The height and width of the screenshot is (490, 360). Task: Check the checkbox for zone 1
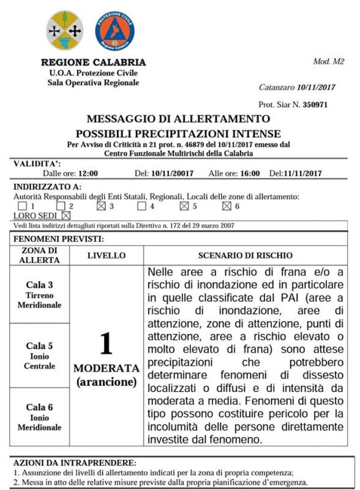[23, 206]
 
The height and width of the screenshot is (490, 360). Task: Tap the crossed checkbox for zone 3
[102, 206]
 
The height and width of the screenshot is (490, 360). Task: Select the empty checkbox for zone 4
[142, 206]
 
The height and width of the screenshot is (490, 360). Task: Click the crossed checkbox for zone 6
[226, 206]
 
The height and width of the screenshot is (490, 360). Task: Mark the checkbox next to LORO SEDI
[66, 216]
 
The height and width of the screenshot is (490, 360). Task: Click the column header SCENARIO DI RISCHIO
[245, 254]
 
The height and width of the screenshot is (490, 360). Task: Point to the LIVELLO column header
[107, 254]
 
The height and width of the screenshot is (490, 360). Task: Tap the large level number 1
[107, 343]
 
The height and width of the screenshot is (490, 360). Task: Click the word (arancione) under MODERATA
[107, 382]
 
